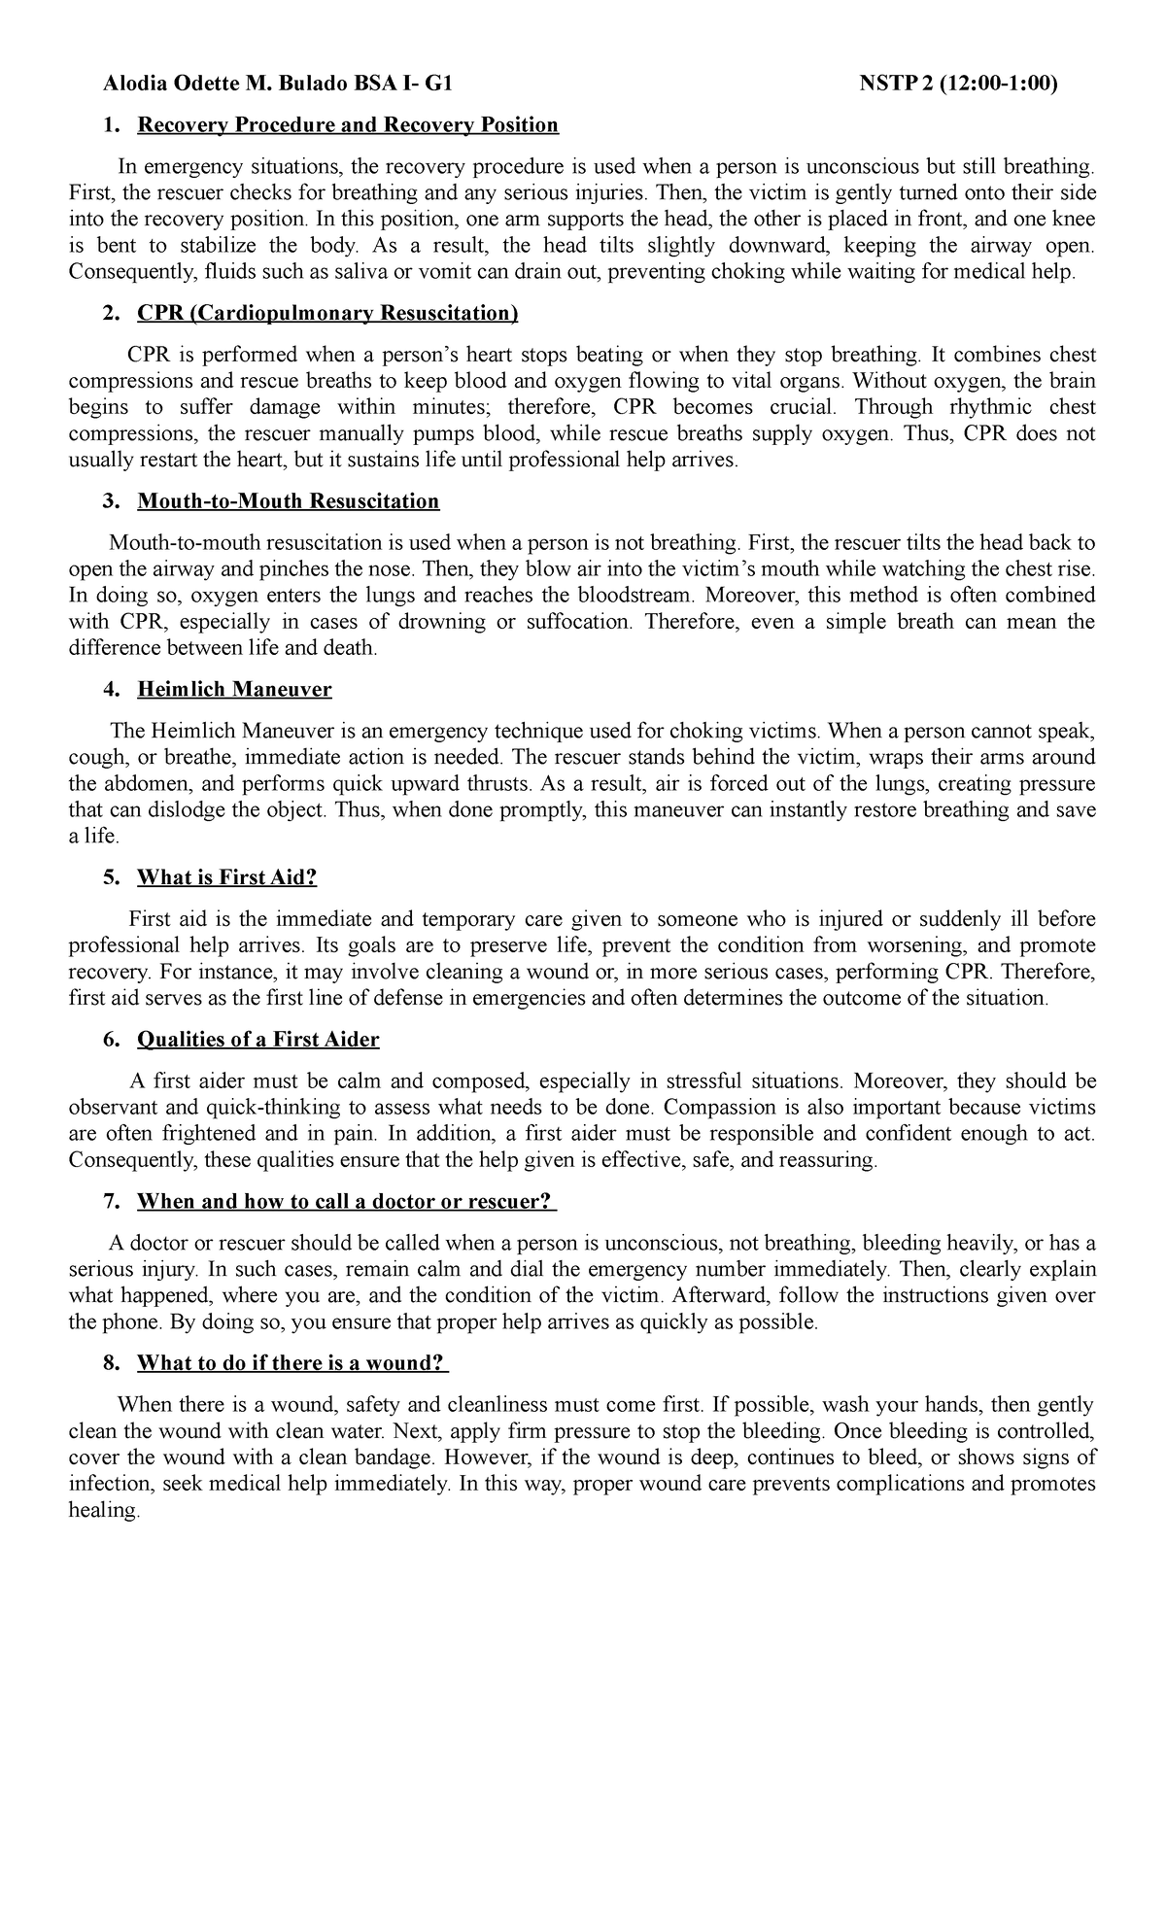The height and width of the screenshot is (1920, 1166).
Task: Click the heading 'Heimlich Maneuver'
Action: pos(234,690)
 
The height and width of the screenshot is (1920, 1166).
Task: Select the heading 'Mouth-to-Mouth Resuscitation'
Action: pos(288,501)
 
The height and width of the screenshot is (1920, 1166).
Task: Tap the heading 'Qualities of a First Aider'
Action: pos(257,1040)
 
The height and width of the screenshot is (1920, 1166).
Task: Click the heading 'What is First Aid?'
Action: pos(226,877)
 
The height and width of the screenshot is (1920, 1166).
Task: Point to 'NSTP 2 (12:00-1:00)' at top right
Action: pos(959,85)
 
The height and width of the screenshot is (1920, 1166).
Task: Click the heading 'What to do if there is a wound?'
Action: pos(291,1363)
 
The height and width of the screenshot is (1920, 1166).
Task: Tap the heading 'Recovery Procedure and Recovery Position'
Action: pos(348,125)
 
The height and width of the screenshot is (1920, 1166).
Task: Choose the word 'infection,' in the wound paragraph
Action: pos(111,1484)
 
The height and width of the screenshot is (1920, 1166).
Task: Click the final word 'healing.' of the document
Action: pos(104,1510)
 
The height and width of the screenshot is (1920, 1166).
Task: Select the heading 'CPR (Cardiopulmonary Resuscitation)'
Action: pos(327,314)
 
